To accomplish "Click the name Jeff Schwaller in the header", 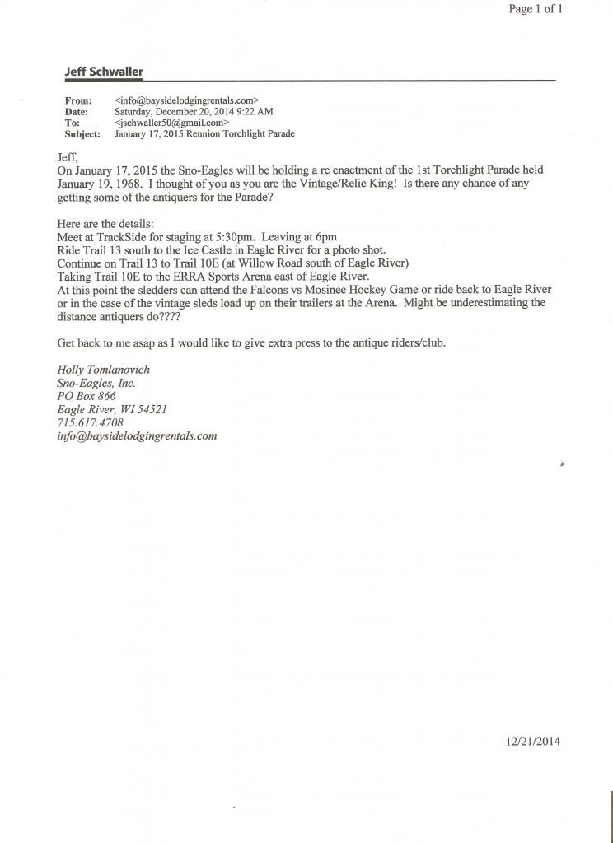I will click(x=104, y=72).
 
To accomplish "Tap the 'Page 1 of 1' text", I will click(x=536, y=9).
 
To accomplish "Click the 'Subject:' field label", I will click(x=82, y=133).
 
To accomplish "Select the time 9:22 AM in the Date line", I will click(x=255, y=111).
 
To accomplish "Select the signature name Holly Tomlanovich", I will click(x=103, y=370).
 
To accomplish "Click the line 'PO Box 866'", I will click(x=87, y=396).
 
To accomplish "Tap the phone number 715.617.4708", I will click(x=91, y=422).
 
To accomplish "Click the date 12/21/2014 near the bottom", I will click(x=533, y=742).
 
